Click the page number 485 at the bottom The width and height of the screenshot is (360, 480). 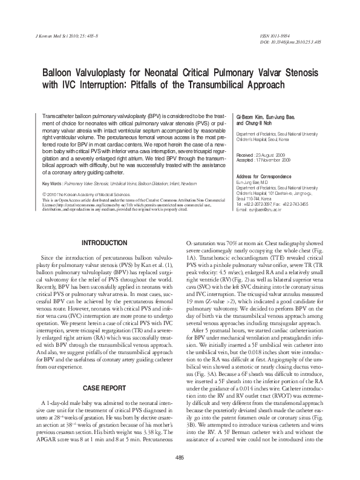180,456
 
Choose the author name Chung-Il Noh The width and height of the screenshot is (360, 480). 260,120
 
